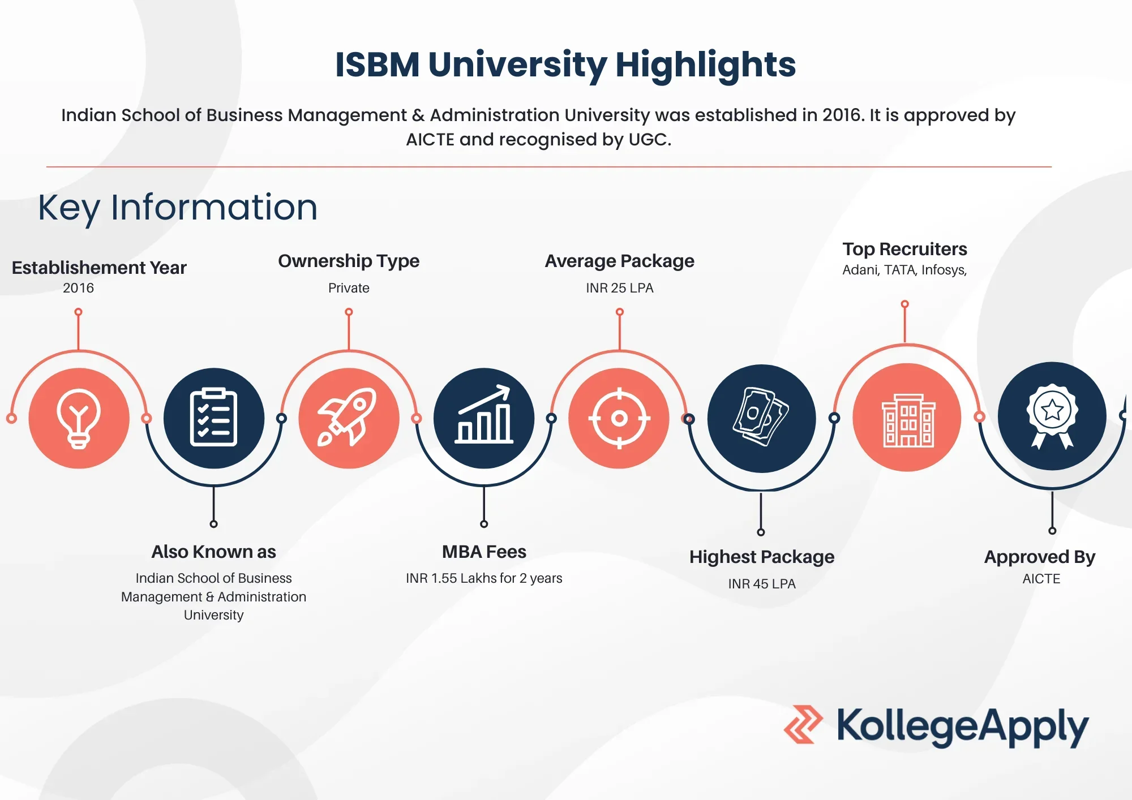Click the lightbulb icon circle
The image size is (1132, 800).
(79, 418)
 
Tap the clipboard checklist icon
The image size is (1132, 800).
(214, 418)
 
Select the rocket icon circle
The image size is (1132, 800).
(349, 418)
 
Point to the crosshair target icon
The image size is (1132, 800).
(619, 418)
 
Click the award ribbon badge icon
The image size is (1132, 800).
(1052, 417)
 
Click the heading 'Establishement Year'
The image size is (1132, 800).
(99, 268)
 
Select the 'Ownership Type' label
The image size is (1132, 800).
(349, 261)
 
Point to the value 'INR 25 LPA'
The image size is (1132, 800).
(620, 288)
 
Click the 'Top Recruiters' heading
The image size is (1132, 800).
(904, 249)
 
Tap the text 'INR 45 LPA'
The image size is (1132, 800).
(762, 584)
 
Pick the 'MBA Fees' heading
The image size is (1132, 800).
(484, 552)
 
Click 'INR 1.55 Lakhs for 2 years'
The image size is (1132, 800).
(484, 578)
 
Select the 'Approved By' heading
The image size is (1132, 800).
(1040, 557)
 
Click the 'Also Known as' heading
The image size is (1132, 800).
(213, 552)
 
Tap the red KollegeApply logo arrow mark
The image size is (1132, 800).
(803, 724)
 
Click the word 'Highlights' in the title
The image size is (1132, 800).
(705, 65)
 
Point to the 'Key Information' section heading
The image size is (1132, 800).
(178, 208)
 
